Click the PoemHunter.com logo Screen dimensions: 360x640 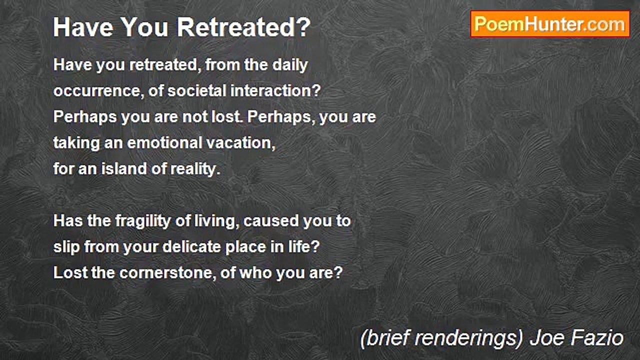550,24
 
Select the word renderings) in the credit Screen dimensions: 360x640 467,338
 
